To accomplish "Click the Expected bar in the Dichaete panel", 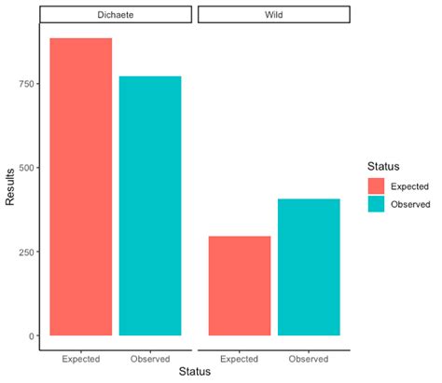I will pyautogui.click(x=81, y=186).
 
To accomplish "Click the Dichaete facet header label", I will pyautogui.click(x=116, y=15).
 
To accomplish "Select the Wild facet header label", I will pyautogui.click(x=274, y=15).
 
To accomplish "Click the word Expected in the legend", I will pyautogui.click(x=411, y=185).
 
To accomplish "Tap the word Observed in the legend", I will pyautogui.click(x=412, y=203).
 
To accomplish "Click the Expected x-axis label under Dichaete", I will pyautogui.click(x=81, y=358).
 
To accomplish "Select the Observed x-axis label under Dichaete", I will pyautogui.click(x=150, y=358).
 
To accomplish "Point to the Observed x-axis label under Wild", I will pyautogui.click(x=309, y=358).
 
